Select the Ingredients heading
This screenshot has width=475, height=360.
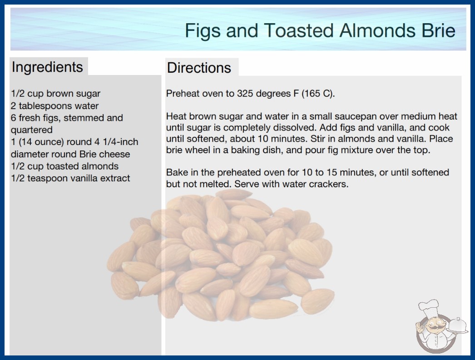(x=47, y=67)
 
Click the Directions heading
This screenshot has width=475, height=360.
(x=199, y=68)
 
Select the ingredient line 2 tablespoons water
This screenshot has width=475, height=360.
(x=55, y=106)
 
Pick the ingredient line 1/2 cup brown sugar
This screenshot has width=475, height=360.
(x=56, y=94)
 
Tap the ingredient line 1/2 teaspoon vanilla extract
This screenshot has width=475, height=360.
(x=70, y=178)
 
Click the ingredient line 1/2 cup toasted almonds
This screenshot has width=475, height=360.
(x=65, y=166)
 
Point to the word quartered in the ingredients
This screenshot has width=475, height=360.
(x=32, y=130)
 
